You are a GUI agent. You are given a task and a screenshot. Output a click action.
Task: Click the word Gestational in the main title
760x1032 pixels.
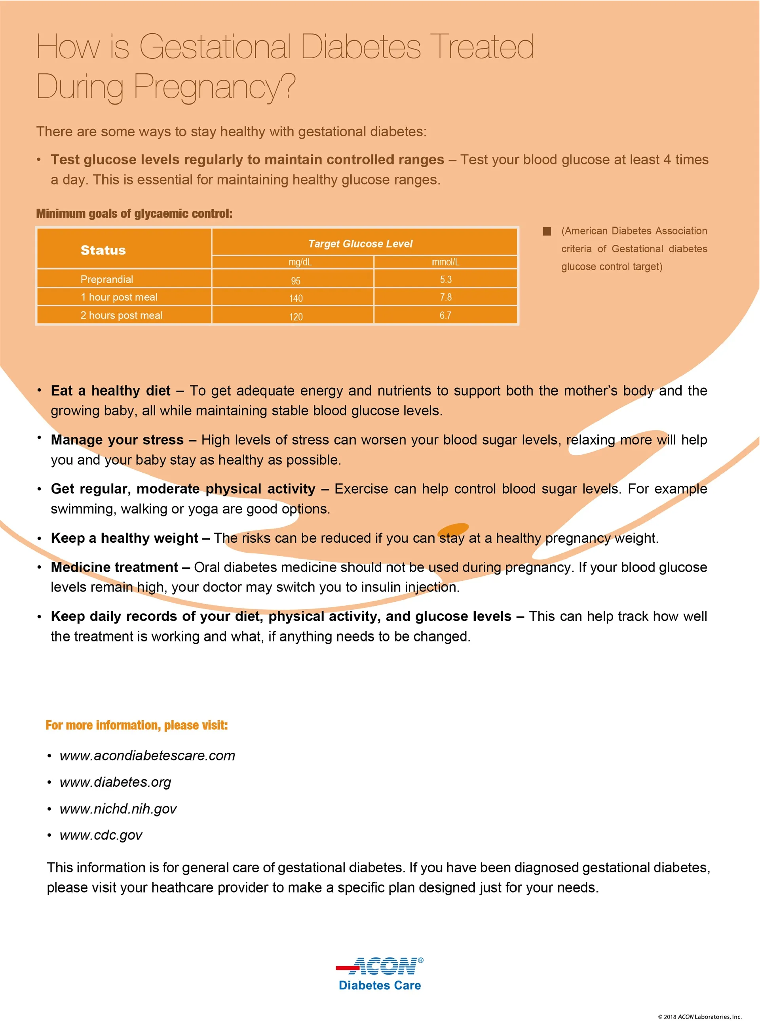pyautogui.click(x=215, y=47)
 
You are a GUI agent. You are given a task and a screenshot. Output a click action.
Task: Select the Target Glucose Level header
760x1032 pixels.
pyautogui.click(x=360, y=244)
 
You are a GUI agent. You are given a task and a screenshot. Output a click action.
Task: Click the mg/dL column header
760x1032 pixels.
pyautogui.click(x=300, y=262)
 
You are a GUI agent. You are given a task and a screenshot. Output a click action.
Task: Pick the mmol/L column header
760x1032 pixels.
pyautogui.click(x=445, y=262)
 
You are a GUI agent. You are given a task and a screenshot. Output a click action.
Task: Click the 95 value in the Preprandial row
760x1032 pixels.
pyautogui.click(x=296, y=280)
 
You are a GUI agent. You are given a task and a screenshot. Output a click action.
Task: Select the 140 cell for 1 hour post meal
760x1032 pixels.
pyautogui.click(x=296, y=298)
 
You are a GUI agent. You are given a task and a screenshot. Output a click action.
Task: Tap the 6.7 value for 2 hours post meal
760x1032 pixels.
pyautogui.click(x=445, y=315)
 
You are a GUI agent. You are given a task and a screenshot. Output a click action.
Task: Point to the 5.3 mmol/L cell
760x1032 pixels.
pyautogui.click(x=445, y=279)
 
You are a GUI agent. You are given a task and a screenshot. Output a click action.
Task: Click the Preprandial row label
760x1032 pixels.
pyautogui.click(x=107, y=279)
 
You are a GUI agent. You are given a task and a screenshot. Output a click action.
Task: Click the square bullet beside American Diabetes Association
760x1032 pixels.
pyautogui.click(x=547, y=231)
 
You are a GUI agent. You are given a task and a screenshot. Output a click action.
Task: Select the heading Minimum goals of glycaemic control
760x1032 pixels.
pyautogui.click(x=134, y=214)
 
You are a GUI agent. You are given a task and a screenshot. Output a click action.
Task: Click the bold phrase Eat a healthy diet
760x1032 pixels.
pyautogui.click(x=110, y=390)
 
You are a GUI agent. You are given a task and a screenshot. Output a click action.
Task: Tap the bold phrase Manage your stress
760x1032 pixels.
pyautogui.click(x=117, y=440)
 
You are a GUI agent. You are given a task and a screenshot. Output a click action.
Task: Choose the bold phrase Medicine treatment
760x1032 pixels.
pyautogui.click(x=114, y=567)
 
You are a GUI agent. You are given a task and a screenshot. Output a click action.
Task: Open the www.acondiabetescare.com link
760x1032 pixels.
pyautogui.click(x=147, y=755)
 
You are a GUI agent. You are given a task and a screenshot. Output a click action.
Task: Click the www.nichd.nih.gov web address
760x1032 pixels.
pyautogui.click(x=118, y=808)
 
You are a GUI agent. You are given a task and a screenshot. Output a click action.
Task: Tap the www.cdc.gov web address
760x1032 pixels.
pyautogui.click(x=101, y=835)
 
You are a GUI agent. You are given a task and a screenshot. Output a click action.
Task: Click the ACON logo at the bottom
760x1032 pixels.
pyautogui.click(x=380, y=966)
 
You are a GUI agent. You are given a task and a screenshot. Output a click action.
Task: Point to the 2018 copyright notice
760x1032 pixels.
pyautogui.click(x=699, y=1016)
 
